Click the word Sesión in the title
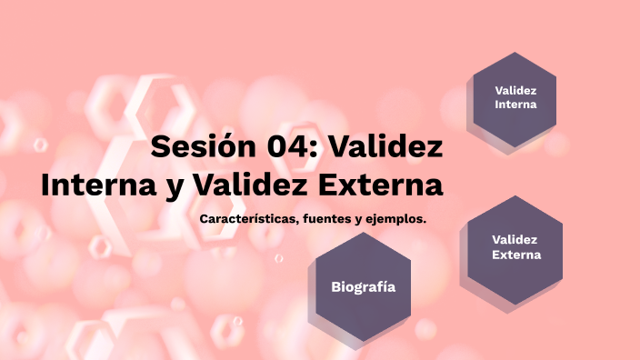[x=192, y=145]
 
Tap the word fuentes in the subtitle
[x=323, y=220]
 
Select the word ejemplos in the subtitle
[x=395, y=220]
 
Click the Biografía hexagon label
[x=363, y=286]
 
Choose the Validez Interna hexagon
[x=515, y=98]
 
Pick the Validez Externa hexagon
[x=515, y=247]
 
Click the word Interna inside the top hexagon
[x=515, y=105]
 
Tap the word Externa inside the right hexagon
[x=515, y=255]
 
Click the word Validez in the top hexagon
[x=515, y=90]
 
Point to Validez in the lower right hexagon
[x=515, y=239]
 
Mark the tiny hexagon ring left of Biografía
[x=279, y=258]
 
